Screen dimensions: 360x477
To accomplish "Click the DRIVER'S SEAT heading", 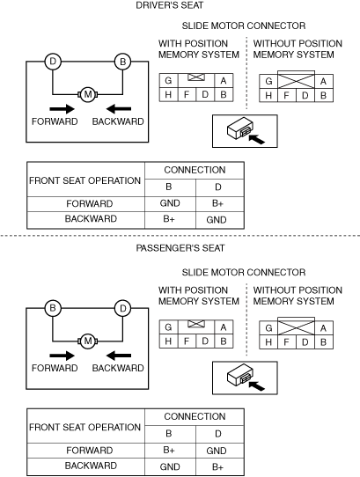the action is point(170,5).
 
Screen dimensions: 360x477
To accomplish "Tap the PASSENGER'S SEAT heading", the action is point(180,248).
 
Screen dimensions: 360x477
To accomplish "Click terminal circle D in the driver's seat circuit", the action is point(53,62).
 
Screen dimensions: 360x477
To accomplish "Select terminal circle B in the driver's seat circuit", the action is point(122,62).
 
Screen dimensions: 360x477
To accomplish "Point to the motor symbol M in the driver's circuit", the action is point(88,94).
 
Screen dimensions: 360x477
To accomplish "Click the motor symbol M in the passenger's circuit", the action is point(88,341).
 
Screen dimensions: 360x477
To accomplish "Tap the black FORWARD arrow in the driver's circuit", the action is point(62,109).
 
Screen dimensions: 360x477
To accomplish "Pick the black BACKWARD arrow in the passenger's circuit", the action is point(119,356).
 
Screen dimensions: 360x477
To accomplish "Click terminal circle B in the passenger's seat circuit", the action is point(53,308).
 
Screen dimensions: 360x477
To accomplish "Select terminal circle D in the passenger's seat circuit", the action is point(122,308).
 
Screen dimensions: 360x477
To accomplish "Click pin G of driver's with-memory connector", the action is point(168,81).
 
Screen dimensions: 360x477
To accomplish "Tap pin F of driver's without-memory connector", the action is point(286,96).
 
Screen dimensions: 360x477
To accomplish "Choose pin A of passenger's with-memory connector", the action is point(224,327).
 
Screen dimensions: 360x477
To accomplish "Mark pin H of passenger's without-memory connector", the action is point(268,342).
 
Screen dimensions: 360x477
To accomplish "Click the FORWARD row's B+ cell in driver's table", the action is point(218,203).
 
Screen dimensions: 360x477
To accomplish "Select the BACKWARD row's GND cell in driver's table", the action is point(217,220).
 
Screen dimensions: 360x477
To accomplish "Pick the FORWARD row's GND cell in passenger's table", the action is point(217,451).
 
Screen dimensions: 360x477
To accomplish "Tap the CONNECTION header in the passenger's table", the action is point(195,416).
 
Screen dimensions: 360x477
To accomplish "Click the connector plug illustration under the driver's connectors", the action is point(245,131).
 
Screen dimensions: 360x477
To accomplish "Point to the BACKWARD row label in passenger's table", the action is point(91,466).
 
